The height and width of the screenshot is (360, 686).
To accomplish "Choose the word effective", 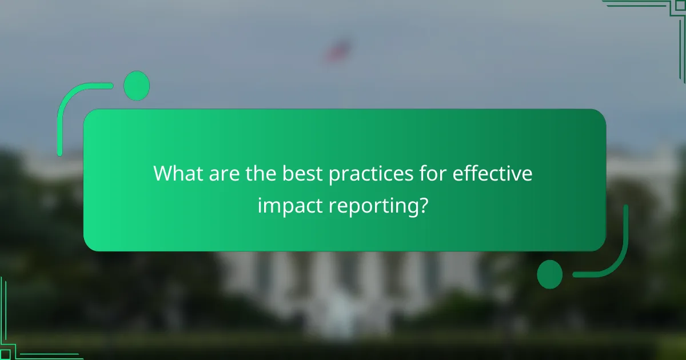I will click(x=493, y=174).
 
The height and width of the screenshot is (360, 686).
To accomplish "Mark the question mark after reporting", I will click(x=422, y=204).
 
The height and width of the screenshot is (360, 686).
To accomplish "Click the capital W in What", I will click(x=165, y=174).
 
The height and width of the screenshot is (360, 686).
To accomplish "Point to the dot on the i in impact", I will click(x=260, y=196).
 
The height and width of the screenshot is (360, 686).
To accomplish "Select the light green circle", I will click(x=137, y=86).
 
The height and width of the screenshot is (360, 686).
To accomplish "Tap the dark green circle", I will click(x=549, y=274).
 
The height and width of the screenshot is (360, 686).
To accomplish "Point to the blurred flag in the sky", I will click(x=338, y=50).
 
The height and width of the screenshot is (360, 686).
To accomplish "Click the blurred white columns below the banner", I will click(x=343, y=286).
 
